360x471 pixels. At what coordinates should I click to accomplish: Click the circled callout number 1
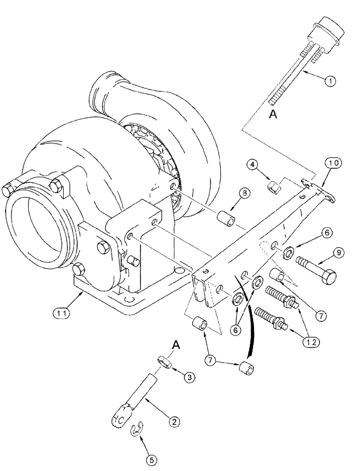331,81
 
